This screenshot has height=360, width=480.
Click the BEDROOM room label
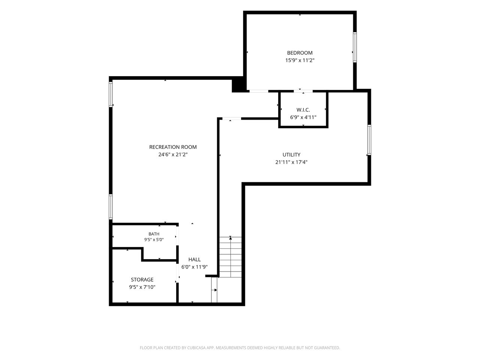(x=300, y=52)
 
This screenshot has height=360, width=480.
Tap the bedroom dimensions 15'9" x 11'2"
(x=300, y=60)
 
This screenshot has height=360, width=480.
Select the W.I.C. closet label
(x=303, y=110)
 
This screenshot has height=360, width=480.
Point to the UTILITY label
(x=291, y=154)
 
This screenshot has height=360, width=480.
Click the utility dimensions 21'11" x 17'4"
(x=291, y=162)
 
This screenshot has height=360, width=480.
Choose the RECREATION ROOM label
(x=173, y=147)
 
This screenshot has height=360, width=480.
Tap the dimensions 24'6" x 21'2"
(x=173, y=154)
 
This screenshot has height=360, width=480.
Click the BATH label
(x=154, y=234)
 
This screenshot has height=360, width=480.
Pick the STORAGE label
(x=142, y=279)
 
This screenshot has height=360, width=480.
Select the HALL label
(x=194, y=259)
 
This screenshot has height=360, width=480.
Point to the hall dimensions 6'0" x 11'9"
(x=194, y=267)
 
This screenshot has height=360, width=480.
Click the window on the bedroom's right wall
(x=355, y=47)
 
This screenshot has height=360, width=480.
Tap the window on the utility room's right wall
(x=369, y=140)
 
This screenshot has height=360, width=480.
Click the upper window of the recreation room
(x=111, y=94)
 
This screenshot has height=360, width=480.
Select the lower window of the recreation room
(x=111, y=207)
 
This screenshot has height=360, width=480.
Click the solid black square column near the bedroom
(x=239, y=85)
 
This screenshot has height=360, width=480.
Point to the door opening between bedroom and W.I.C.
(x=303, y=91)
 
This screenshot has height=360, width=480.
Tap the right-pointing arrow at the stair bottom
(x=215, y=290)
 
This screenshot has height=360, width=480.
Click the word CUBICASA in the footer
(x=196, y=348)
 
